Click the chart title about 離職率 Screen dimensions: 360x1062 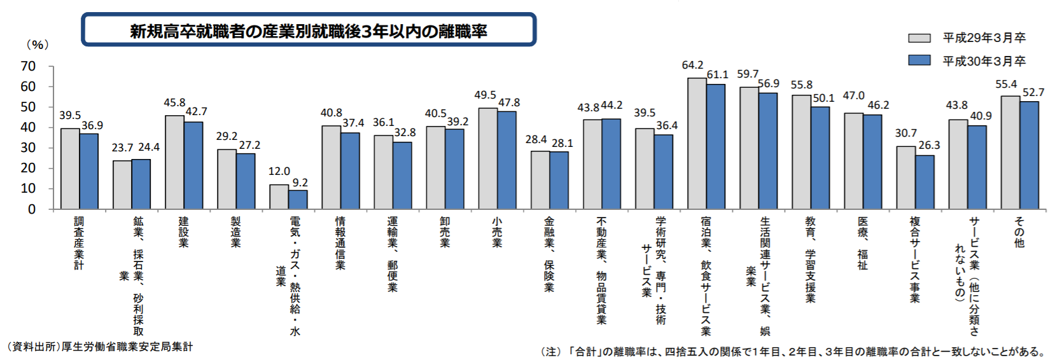click(309, 31)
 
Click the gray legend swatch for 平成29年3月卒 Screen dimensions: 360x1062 click(919, 38)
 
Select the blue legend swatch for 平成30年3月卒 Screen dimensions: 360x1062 click(919, 60)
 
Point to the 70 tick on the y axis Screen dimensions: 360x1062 click(28, 66)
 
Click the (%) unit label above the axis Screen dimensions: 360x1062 click(37, 45)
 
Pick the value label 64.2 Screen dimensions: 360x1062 click(692, 65)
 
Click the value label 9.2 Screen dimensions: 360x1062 click(300, 183)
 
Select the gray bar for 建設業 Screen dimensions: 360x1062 click(174, 162)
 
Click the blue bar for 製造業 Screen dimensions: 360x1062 click(246, 181)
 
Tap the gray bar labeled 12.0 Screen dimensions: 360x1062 click(279, 197)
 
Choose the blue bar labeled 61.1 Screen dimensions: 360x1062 click(716, 146)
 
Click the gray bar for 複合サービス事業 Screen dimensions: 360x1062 click(906, 177)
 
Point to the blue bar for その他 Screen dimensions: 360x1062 click(1029, 155)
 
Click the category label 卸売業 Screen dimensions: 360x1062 click(445, 232)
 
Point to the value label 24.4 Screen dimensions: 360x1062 click(149, 148)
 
